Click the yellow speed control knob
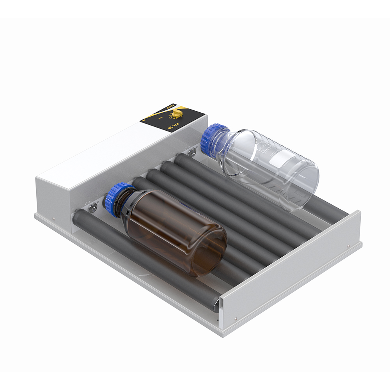pyautogui.click(x=178, y=113)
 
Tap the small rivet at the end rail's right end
pyautogui.click(x=348, y=246)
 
